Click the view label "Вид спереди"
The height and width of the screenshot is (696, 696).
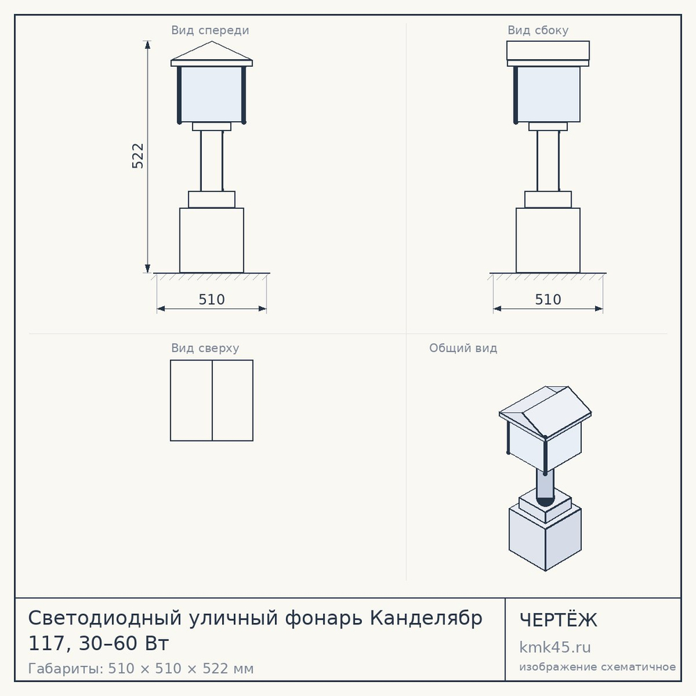[210, 30]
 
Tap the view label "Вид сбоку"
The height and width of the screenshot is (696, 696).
[538, 30]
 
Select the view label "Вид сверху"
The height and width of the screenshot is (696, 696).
[205, 348]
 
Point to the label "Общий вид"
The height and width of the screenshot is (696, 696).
[463, 348]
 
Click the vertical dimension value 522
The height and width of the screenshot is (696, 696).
[138, 156]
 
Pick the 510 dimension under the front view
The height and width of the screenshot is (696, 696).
[212, 299]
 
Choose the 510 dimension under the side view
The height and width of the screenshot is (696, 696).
[548, 299]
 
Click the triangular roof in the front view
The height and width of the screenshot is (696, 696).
[212, 52]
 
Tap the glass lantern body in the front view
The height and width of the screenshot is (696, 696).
[212, 94]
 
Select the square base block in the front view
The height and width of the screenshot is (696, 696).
[212, 240]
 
